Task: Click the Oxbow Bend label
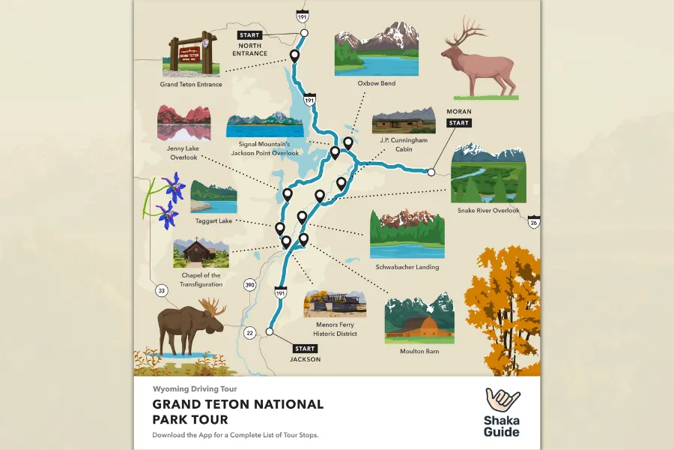[x=376, y=83]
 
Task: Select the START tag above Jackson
[x=305, y=349]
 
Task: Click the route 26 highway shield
[x=533, y=223]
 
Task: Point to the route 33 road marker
[x=161, y=290]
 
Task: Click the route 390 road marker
[x=249, y=285]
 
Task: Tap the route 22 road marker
[x=249, y=333]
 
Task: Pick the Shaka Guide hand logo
[x=502, y=400]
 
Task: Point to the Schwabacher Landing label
[x=407, y=267]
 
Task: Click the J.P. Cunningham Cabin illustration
[x=403, y=120]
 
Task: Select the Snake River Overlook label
[x=488, y=211]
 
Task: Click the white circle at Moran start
[x=431, y=172]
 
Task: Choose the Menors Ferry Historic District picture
[x=335, y=304]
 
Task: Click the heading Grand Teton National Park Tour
[x=238, y=412]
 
